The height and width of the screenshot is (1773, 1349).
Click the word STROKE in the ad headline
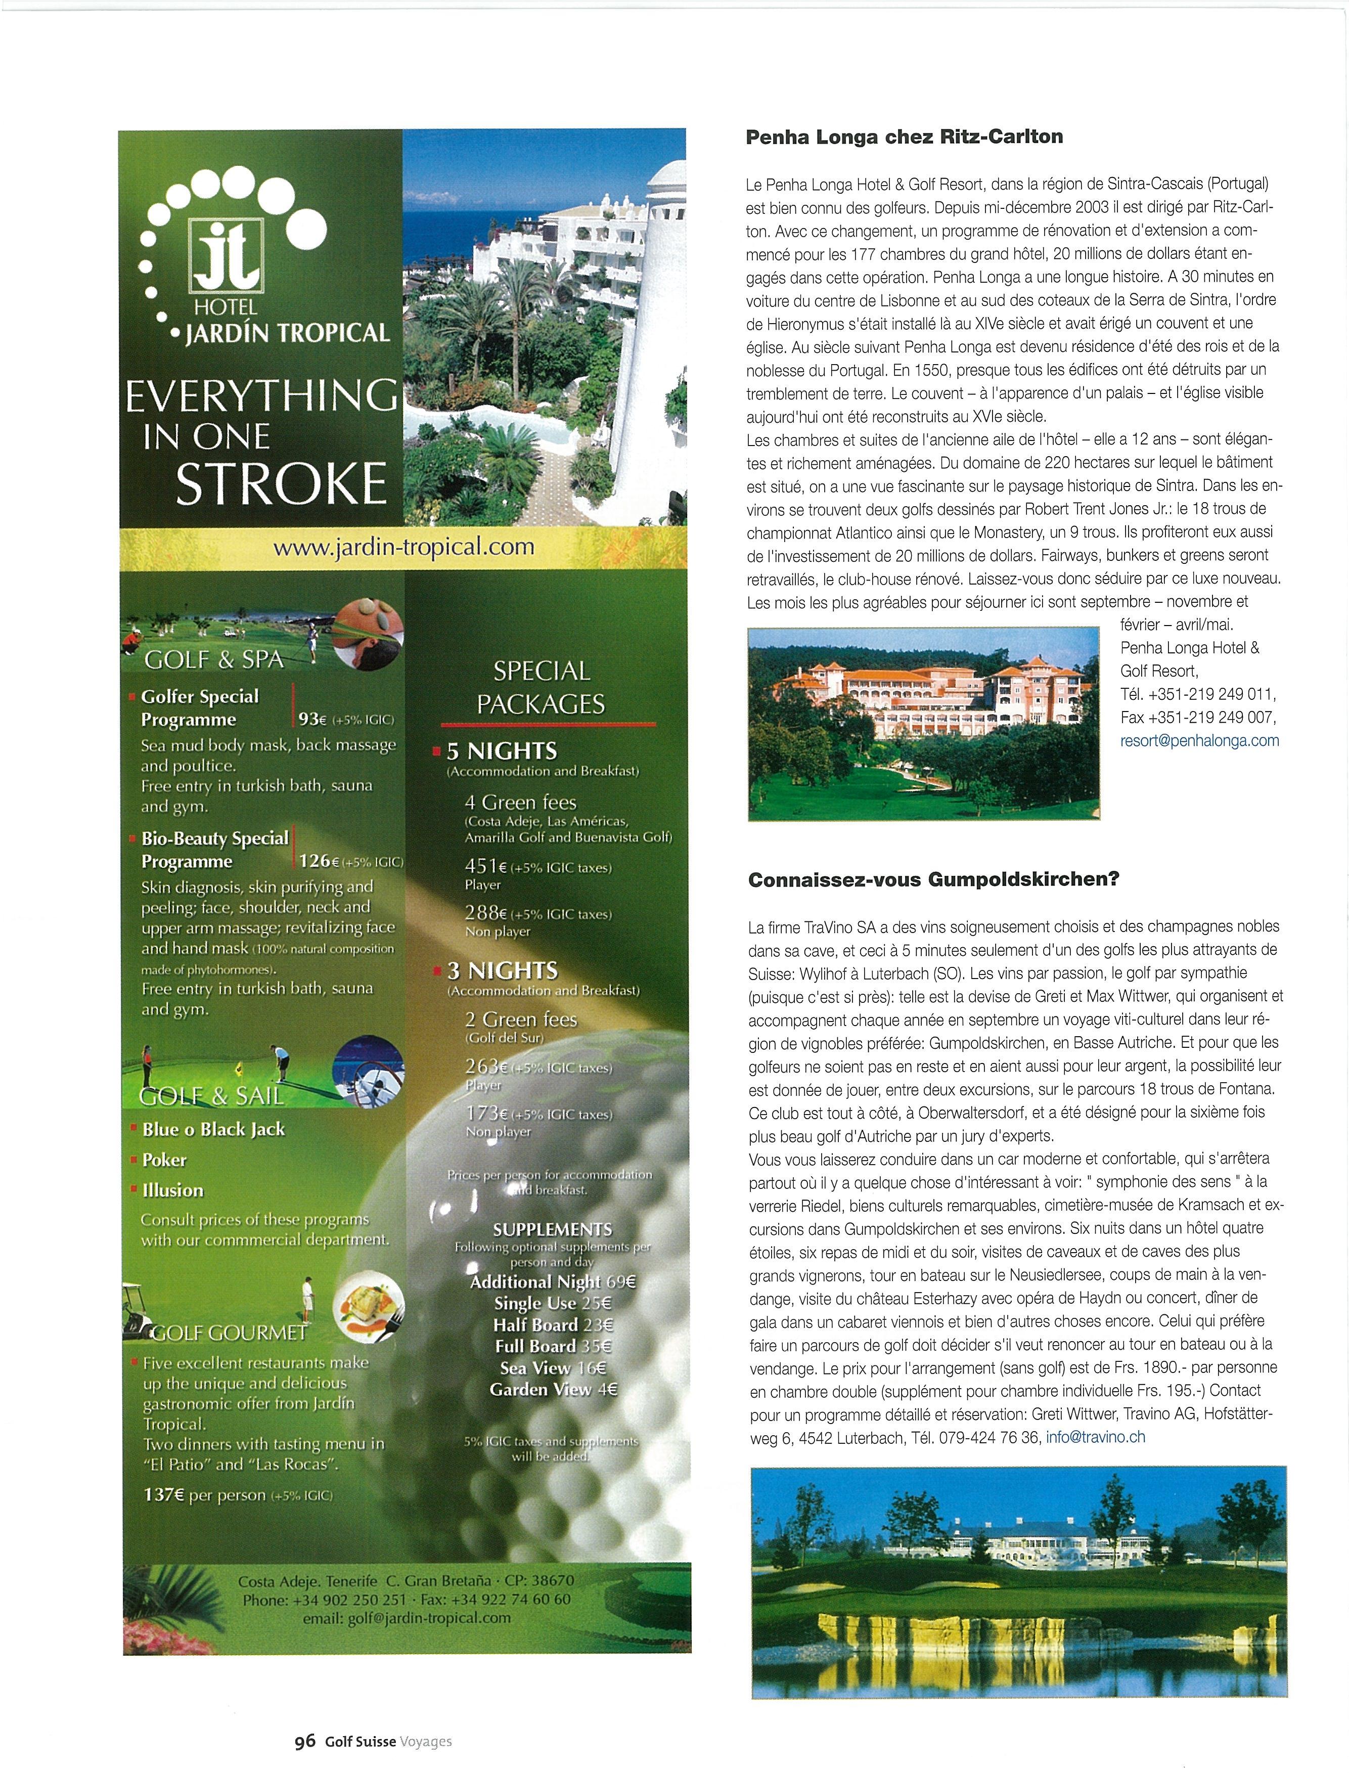click(281, 482)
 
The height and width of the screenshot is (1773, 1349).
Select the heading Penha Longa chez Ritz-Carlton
click(904, 137)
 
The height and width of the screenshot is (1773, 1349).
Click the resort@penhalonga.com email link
click(1199, 740)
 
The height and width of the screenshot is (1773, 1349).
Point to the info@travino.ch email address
click(1095, 1437)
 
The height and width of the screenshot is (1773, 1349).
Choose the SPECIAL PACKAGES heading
click(541, 687)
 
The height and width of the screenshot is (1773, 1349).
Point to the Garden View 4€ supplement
click(553, 1389)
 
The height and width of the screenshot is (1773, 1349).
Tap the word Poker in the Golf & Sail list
click(165, 1160)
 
